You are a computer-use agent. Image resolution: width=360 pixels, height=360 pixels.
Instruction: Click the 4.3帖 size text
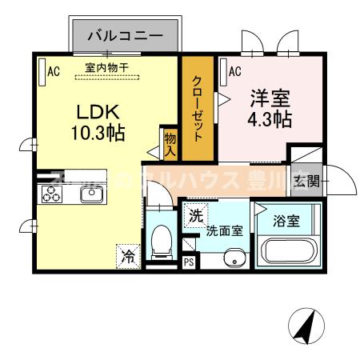click(268, 121)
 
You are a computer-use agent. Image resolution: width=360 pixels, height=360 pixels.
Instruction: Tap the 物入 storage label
click(170, 145)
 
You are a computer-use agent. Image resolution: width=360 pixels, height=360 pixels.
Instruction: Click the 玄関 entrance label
click(306, 181)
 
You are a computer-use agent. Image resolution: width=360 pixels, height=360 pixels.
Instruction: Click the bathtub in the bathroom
click(287, 250)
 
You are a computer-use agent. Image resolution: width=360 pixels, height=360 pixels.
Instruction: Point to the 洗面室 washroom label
click(224, 232)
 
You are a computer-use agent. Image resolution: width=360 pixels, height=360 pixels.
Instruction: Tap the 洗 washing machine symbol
click(196, 216)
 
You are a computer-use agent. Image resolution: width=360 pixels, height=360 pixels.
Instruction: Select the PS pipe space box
click(189, 262)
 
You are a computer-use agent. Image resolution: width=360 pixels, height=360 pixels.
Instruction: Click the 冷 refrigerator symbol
click(128, 256)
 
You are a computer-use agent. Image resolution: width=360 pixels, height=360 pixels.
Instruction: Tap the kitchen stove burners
click(52, 194)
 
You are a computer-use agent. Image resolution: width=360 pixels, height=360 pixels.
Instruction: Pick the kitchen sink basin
click(86, 194)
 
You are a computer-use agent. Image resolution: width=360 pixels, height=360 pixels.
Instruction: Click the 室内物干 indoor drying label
click(106, 69)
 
